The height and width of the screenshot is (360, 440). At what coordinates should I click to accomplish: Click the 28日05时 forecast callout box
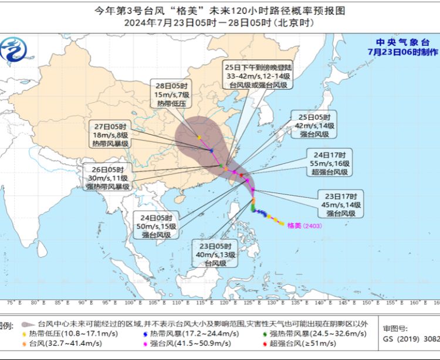tap(171, 93)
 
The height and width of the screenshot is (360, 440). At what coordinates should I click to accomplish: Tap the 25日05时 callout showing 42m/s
tap(314, 125)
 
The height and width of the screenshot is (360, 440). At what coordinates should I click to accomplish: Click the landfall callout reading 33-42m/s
tap(258, 76)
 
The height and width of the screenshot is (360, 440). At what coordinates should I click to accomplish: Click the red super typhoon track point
tap(241, 175)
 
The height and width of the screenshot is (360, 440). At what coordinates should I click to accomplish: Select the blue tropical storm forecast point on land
tap(211, 150)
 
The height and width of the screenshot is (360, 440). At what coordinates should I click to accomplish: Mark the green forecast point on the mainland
tap(221, 166)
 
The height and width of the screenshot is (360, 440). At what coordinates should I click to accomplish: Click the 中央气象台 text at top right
tap(402, 42)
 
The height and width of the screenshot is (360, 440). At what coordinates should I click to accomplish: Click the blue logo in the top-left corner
tap(13, 50)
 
